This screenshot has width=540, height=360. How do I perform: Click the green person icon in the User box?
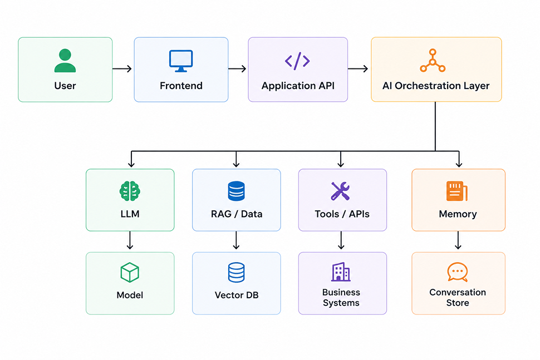tap(65, 61)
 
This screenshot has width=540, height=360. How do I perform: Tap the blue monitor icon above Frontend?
tap(181, 61)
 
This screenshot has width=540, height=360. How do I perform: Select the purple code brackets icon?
tap(297, 61)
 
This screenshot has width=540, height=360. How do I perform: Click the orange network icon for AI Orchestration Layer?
tap(433, 61)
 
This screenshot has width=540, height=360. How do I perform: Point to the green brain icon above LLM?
tap(130, 191)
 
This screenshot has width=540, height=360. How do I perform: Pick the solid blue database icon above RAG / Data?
tap(236, 191)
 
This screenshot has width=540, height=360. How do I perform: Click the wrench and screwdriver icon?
tap(340, 191)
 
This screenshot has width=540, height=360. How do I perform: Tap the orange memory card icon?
tap(456, 191)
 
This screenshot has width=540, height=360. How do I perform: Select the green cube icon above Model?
tap(130, 273)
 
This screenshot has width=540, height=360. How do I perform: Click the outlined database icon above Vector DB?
tap(236, 273)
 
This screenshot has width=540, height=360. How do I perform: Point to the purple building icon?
tap(341, 272)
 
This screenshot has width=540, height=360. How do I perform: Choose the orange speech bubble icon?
tap(458, 272)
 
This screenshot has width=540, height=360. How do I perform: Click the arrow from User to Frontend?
tap(122, 69)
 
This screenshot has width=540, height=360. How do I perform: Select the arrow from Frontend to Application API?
tap(237, 69)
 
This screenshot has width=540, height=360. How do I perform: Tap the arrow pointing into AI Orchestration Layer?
tap(358, 69)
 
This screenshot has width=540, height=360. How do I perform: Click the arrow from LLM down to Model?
tap(130, 240)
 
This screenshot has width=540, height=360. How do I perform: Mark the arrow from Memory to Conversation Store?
tap(458, 240)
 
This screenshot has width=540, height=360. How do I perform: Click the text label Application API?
tap(298, 86)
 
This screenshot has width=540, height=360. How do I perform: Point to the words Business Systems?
tap(341, 297)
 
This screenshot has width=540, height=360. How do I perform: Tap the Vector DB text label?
tap(237, 295)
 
